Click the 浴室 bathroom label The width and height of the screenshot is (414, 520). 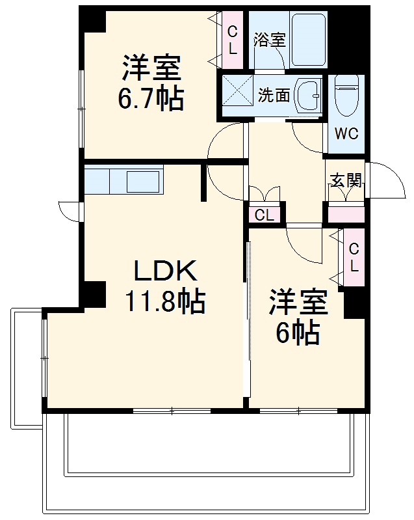(269, 39)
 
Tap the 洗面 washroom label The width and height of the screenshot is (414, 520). (274, 95)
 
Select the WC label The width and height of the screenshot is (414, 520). (346, 134)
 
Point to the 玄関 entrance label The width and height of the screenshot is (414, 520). (345, 181)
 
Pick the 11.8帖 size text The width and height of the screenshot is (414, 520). (164, 301)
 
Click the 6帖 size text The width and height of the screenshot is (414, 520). (298, 333)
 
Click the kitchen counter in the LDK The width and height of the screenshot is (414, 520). (123, 180)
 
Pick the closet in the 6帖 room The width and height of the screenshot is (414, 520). (354, 257)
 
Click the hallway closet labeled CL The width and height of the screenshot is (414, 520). (264, 215)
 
